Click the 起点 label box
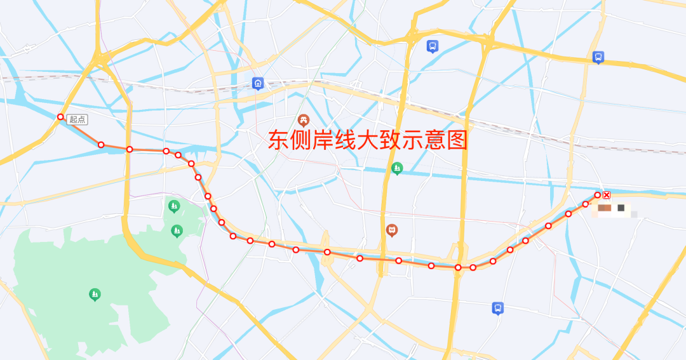point(77,119)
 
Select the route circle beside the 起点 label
point(60,117)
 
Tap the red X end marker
point(607,195)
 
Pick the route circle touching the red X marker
point(598,195)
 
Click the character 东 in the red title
point(278,140)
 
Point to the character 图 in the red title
point(457,140)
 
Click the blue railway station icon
point(258,83)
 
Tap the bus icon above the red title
point(433,46)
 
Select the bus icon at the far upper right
point(598,57)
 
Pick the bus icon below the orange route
point(498,308)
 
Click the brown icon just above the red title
point(304,120)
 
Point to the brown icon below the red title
point(392,230)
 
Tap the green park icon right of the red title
point(397,168)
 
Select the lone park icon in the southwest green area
point(95,294)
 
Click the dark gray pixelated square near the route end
point(621,208)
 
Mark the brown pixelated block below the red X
point(604,208)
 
